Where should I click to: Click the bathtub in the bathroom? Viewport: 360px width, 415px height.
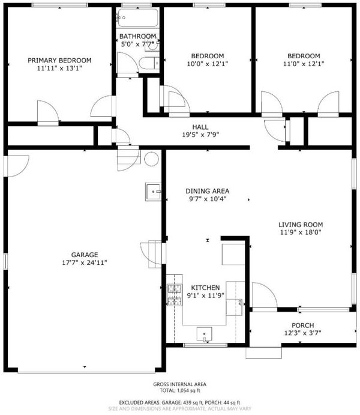coord(138,17)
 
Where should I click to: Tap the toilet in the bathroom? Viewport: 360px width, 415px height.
coord(149,64)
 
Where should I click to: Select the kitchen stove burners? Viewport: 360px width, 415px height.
coord(175,294)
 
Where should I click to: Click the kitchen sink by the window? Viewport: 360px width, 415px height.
coord(204,334)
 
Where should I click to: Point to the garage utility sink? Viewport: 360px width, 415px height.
coord(153,192)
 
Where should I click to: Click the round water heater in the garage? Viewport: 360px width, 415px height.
coord(151,159)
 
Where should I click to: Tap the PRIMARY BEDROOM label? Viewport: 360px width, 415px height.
coord(59,60)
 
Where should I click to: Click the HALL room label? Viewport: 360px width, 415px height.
coord(200,127)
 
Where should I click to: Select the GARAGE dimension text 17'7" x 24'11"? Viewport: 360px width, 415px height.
coord(85,262)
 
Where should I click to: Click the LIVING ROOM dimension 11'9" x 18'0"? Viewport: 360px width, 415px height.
coord(301,232)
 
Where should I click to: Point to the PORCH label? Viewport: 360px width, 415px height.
coord(302,325)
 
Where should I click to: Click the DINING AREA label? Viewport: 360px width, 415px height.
coord(207,191)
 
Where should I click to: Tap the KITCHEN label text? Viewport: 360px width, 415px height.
coord(205,288)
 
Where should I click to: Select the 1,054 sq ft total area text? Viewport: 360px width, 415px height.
coord(188,390)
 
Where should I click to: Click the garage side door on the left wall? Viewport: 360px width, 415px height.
coord(16,166)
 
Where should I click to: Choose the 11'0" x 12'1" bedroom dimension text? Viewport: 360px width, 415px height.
coord(304,64)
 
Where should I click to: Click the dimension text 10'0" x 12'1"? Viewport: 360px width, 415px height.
coord(208,64)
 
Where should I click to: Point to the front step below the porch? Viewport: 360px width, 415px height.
coord(263,353)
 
